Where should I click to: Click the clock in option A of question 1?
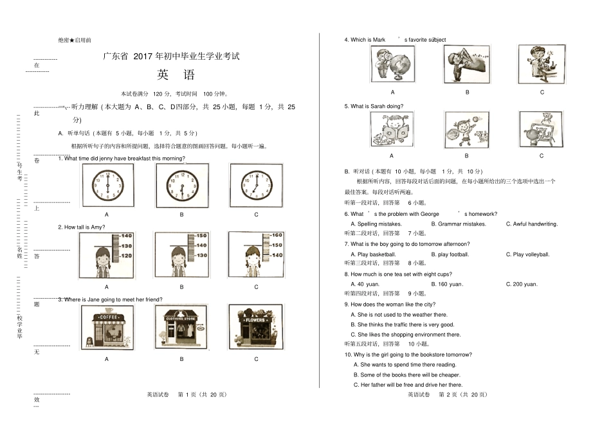[x=107, y=186]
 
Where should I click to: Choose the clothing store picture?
[x=181, y=326]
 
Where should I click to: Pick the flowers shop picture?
[x=256, y=326]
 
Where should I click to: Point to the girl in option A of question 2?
[x=100, y=263]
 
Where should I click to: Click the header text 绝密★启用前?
[x=74, y=40]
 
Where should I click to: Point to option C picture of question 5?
[x=542, y=129]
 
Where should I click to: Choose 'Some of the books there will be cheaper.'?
[x=410, y=374]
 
